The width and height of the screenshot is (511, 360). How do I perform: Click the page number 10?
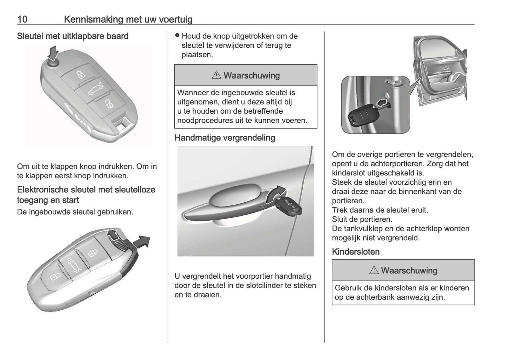click(x=22, y=19)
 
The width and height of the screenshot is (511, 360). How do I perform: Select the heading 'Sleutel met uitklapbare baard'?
click(x=72, y=36)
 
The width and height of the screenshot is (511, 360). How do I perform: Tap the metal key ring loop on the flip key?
click(x=121, y=124)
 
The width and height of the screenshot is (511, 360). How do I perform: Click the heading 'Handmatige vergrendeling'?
click(x=225, y=138)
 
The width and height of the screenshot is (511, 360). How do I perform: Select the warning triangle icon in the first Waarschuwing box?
click(x=216, y=75)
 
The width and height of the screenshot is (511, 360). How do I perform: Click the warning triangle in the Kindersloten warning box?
click(x=373, y=271)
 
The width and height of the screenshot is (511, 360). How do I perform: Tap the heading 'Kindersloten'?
click(x=355, y=252)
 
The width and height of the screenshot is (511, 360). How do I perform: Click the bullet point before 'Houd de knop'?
click(x=178, y=36)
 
